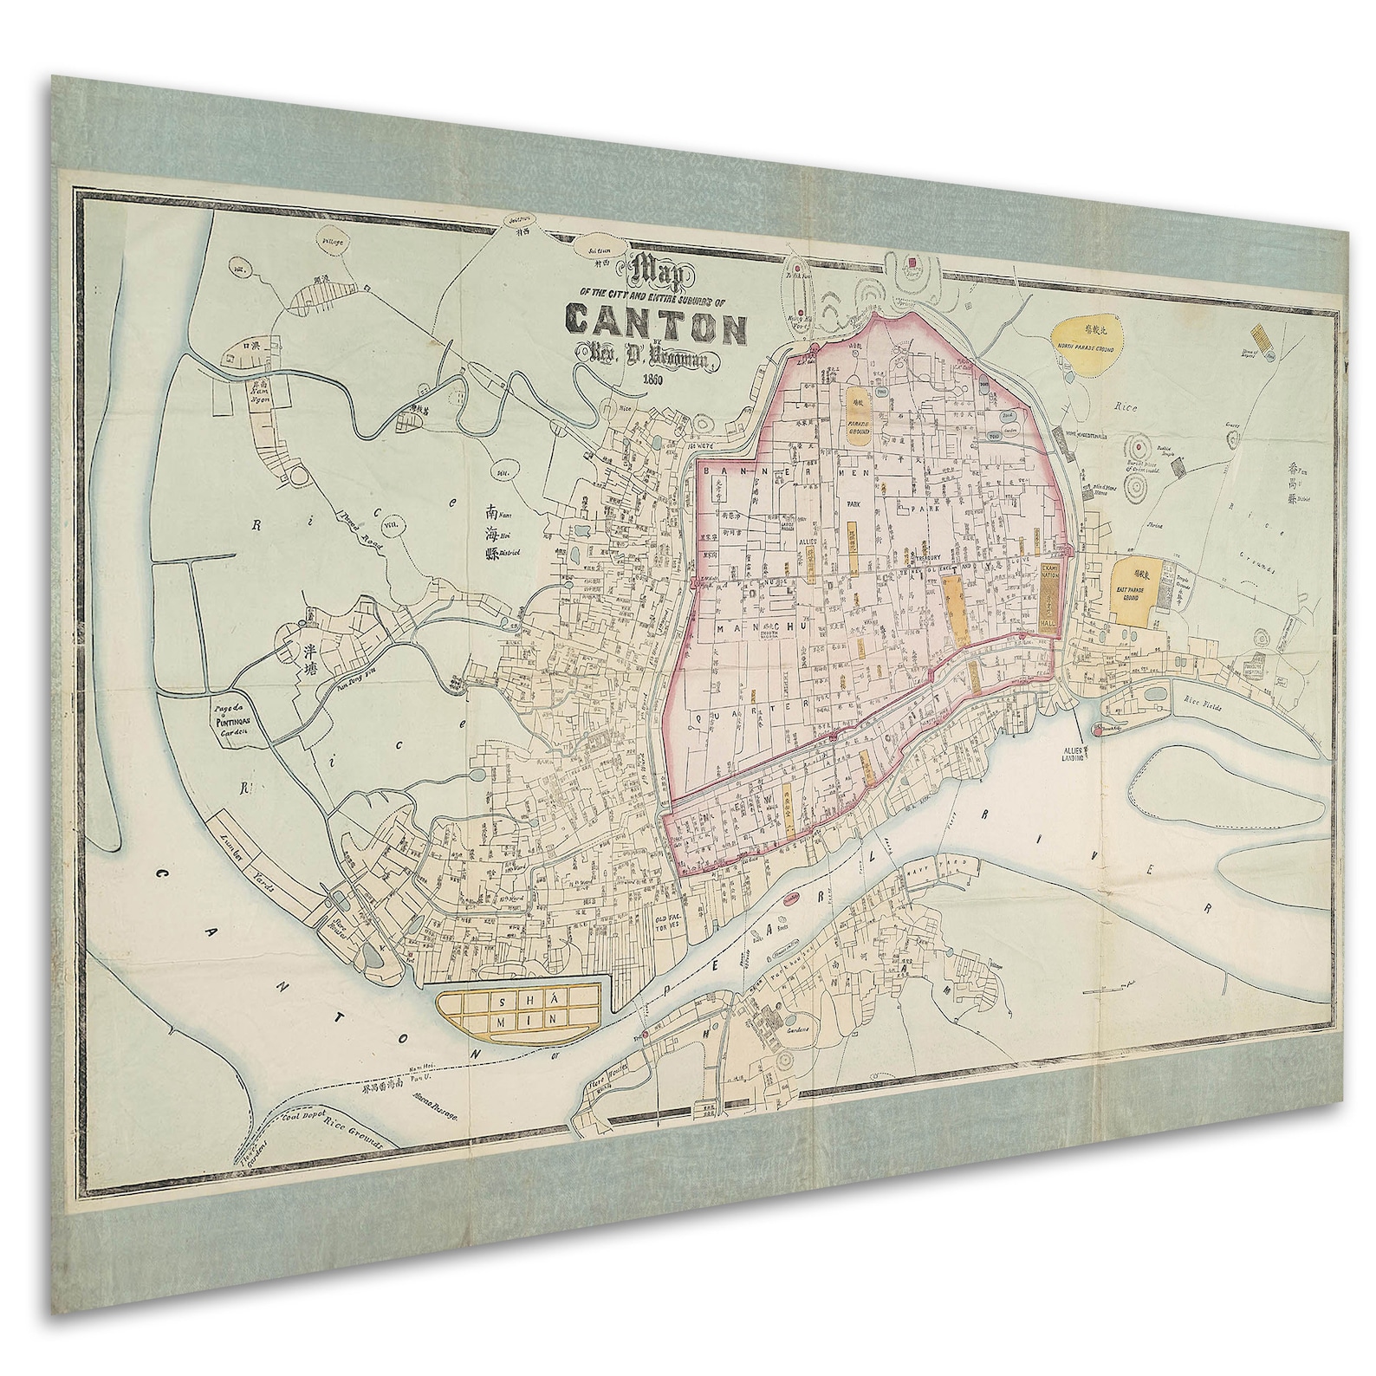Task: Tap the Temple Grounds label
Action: pos(1185,587)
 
